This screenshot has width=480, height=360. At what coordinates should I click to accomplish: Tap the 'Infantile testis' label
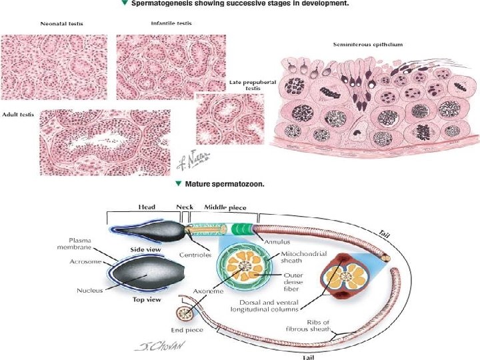171,23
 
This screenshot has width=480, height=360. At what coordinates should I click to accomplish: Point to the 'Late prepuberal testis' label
242,85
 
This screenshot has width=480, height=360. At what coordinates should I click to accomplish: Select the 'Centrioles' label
195,254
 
